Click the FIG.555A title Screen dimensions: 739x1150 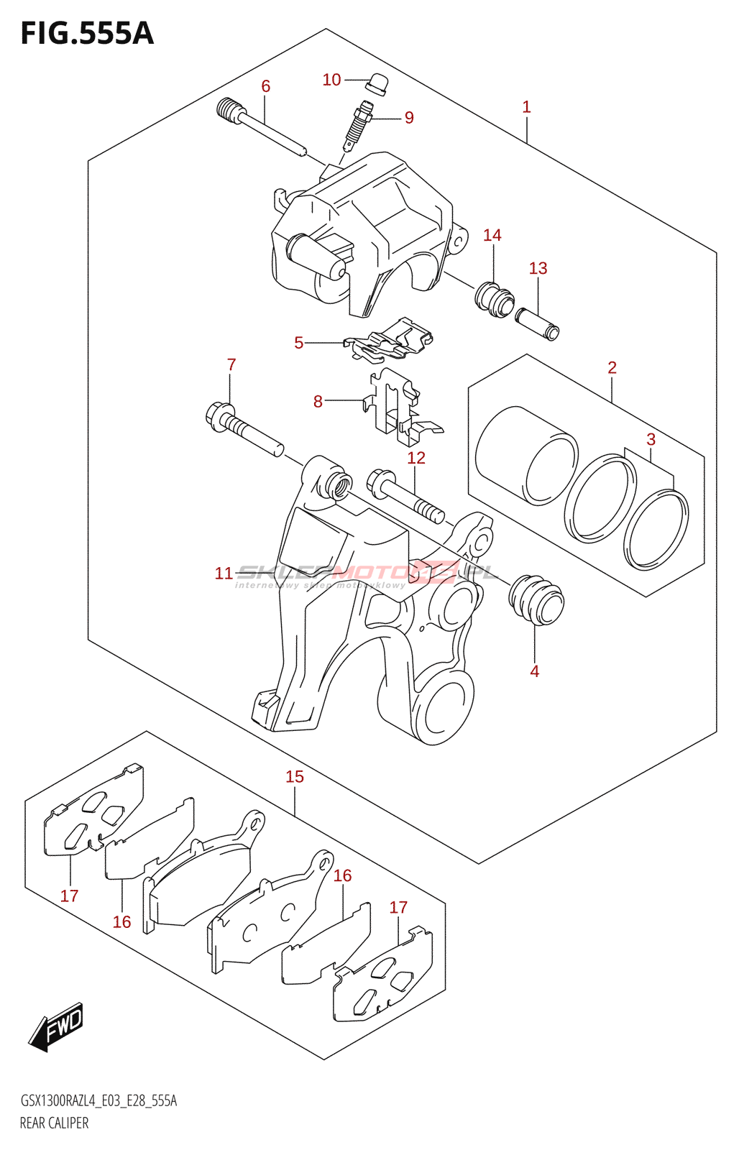pyautogui.click(x=87, y=34)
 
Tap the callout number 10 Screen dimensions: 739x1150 pyautogui.click(x=331, y=80)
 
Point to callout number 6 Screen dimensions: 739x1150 pyautogui.click(x=265, y=86)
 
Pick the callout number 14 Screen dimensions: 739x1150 pyautogui.click(x=492, y=235)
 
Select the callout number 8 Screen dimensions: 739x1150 pyautogui.click(x=318, y=402)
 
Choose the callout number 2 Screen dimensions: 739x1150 pyautogui.click(x=612, y=367)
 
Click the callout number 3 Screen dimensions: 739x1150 pyautogui.click(x=651, y=439)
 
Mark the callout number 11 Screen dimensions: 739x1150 pyautogui.click(x=224, y=574)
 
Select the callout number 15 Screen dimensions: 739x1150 pyautogui.click(x=295, y=776)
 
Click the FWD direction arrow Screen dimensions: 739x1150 pyautogui.click(x=57, y=1026)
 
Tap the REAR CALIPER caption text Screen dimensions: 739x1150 pyautogui.click(x=55, y=1123)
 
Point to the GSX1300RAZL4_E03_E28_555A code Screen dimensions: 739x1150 pyautogui.click(x=98, y=1100)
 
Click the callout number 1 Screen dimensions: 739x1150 pyautogui.click(x=526, y=107)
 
